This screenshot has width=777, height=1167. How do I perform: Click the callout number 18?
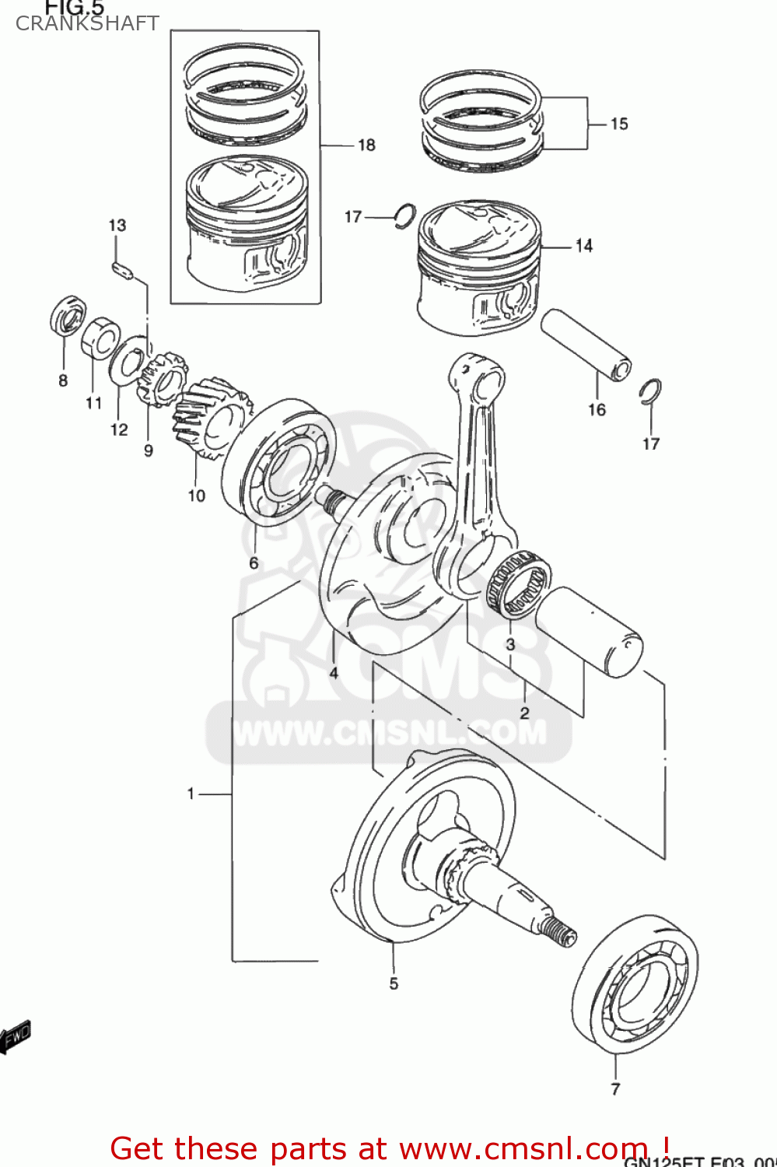(x=366, y=145)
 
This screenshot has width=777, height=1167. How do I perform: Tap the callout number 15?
(x=618, y=124)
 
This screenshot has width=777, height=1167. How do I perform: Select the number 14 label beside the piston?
(x=583, y=246)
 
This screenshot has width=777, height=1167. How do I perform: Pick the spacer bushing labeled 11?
(x=100, y=338)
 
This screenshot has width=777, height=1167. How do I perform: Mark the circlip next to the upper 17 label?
(x=404, y=216)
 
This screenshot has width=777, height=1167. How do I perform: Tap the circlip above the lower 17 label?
(x=650, y=391)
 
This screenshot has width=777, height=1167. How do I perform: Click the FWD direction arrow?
(x=16, y=1036)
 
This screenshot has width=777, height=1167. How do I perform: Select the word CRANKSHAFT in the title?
(x=87, y=23)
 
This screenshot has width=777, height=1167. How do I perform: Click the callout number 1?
(x=191, y=794)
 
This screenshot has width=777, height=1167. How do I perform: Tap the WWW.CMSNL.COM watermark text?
(x=389, y=733)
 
